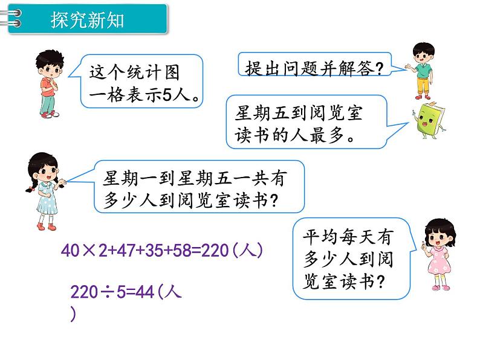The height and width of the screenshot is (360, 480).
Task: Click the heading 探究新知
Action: (x=88, y=20)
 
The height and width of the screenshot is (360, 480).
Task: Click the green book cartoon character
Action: (x=429, y=120)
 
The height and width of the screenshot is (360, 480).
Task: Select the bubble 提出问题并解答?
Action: (x=314, y=67)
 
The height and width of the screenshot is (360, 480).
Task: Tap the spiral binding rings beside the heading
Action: (x=11, y=19)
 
